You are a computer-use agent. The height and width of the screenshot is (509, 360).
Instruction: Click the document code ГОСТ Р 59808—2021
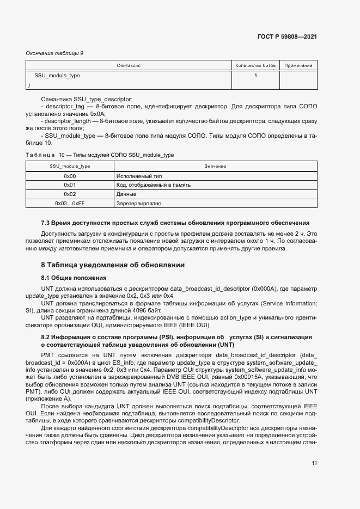click(x=286, y=37)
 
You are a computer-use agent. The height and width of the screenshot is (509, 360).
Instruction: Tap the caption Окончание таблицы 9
click(x=54, y=53)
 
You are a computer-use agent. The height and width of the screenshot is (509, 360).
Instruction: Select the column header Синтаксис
click(x=129, y=65)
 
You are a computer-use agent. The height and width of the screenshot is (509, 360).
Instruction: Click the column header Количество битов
click(x=255, y=65)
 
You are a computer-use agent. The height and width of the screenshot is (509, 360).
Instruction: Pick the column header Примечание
click(x=298, y=65)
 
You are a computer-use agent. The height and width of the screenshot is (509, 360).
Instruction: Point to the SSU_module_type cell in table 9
click(x=57, y=76)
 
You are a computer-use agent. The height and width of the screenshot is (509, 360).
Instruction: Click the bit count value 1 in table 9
click(x=255, y=76)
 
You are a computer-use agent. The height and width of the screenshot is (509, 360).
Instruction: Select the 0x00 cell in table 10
click(x=70, y=176)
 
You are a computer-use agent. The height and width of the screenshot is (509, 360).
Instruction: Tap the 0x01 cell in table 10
click(x=70, y=185)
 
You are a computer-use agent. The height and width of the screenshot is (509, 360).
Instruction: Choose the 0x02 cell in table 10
click(x=70, y=194)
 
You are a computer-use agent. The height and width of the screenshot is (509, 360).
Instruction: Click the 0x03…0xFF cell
click(x=70, y=203)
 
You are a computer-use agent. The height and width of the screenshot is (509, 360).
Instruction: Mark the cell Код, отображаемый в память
click(x=154, y=185)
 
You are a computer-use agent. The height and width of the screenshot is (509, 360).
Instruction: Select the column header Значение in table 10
click(x=215, y=165)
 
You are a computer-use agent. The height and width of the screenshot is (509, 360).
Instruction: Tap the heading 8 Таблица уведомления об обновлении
click(x=113, y=265)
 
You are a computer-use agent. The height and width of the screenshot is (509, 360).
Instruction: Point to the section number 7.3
click(x=46, y=223)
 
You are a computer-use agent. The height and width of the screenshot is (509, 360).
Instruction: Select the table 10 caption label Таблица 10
click(x=45, y=155)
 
